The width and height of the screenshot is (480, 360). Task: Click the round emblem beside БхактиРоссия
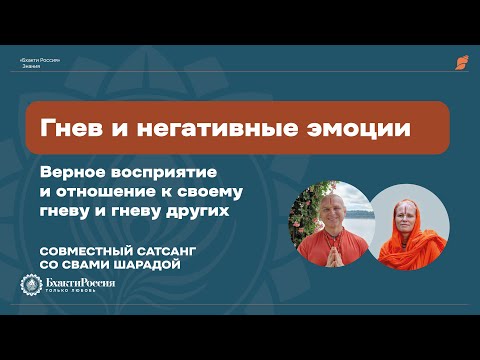click(x=31, y=286)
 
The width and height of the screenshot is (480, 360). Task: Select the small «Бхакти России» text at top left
click(x=41, y=60)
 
